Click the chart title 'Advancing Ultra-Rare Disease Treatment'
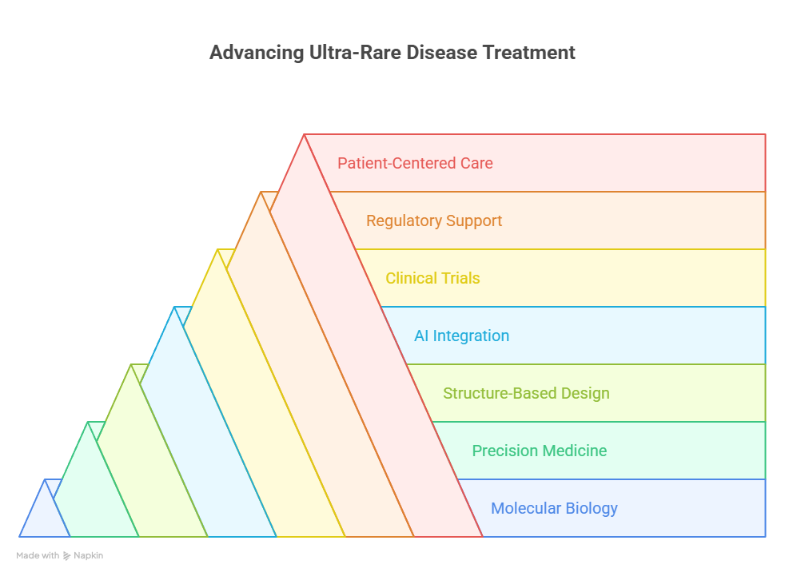392,53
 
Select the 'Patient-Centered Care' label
415,163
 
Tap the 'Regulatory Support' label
434,221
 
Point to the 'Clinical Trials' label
432,278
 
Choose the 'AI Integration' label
461,336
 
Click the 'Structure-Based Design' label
526,393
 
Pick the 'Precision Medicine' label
539,451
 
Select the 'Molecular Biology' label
554,508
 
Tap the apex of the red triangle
304,135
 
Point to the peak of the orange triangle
261,192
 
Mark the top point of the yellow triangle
217,249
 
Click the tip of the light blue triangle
174,307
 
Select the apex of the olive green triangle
131,364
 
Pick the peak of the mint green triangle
88,422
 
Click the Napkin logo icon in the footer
66,556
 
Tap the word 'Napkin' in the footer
88,556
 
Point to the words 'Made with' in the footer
38,555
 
